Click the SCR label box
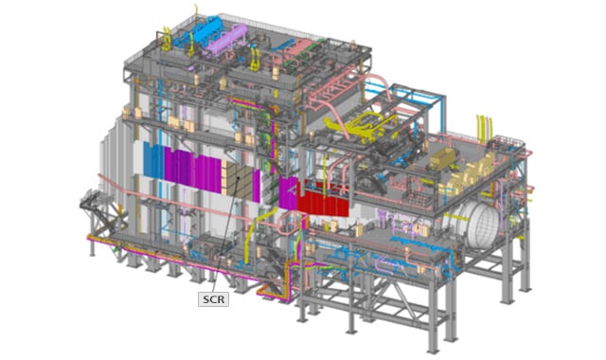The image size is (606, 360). tap(214, 299)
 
